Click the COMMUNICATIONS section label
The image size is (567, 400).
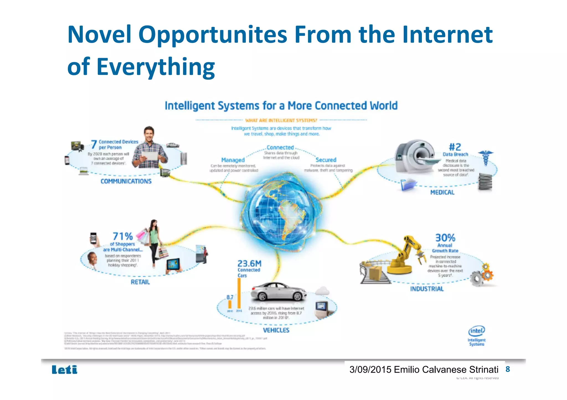point(126,181)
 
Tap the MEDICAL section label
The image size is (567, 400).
point(442,192)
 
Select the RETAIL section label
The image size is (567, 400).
point(140,282)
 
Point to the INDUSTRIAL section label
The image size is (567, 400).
point(427,289)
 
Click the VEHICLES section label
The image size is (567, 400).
point(276,330)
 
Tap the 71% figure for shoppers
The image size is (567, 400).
point(123,236)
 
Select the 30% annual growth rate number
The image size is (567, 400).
point(445,237)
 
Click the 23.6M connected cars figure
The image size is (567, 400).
point(249,263)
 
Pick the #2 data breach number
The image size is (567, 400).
point(455,147)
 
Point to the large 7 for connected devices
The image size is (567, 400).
point(94,144)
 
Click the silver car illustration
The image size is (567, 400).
point(278,292)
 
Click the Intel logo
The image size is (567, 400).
point(476,331)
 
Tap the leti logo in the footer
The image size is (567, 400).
point(65,370)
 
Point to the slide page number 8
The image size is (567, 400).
point(507,369)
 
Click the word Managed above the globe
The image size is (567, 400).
point(233,160)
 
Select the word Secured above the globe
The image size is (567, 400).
point(326,160)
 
